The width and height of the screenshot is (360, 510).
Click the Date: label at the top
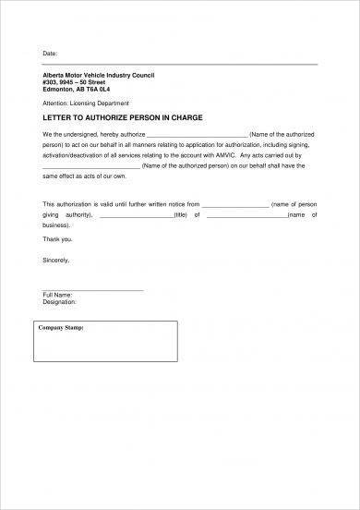pos(51,54)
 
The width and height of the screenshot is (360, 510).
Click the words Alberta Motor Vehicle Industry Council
pos(91,73)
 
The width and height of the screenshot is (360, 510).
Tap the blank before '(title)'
pos(136,214)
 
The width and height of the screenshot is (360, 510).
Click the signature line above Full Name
pos(93,290)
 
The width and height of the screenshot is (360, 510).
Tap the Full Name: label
pos(58,296)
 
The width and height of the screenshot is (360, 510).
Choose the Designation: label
pos(61,302)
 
